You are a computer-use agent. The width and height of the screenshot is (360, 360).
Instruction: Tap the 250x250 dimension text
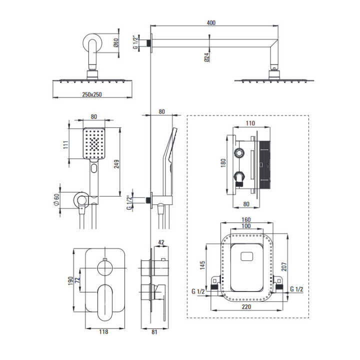click(x=92, y=94)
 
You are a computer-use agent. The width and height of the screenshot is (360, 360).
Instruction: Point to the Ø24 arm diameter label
click(x=206, y=57)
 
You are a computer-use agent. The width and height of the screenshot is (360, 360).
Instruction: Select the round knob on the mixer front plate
click(x=105, y=268)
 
